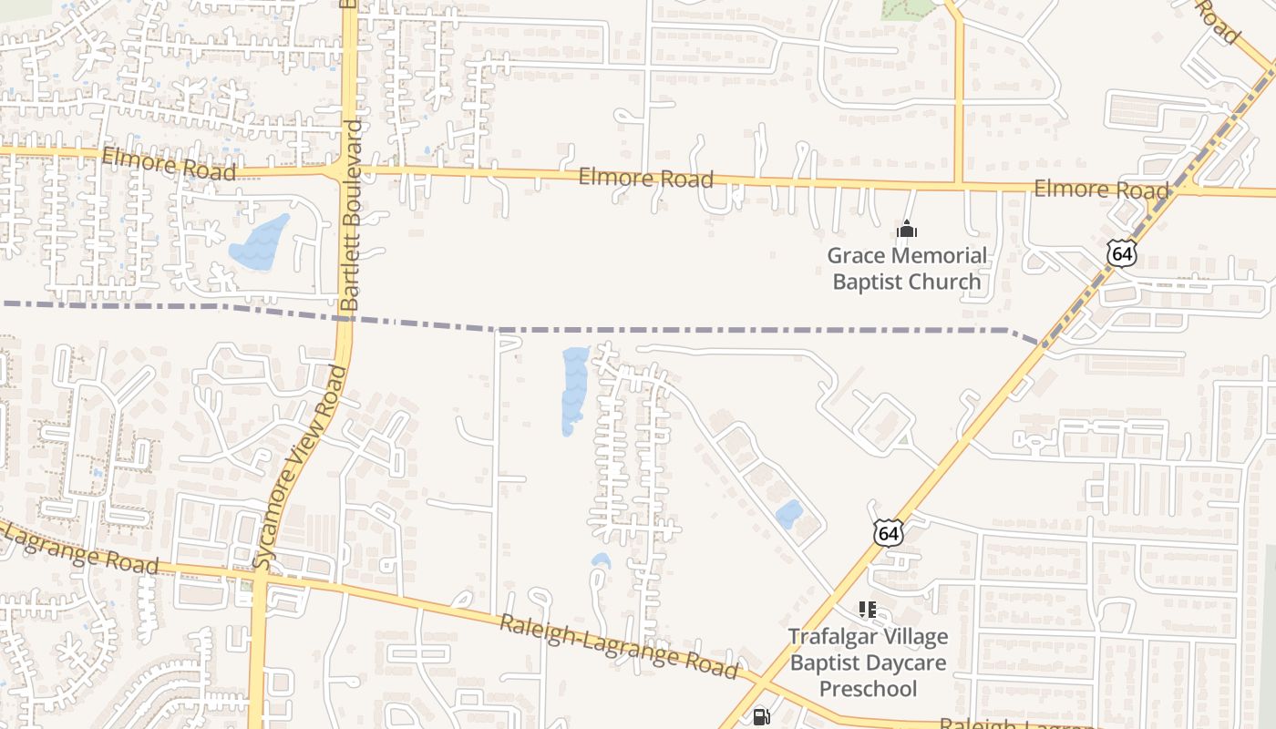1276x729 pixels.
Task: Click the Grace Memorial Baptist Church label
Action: pos(907,268)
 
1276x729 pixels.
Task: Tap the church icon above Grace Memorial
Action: pos(907,228)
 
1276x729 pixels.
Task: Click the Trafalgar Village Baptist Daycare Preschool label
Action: pos(868,662)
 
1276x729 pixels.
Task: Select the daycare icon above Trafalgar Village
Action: pos(867,610)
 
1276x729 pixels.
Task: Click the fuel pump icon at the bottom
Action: pos(761,717)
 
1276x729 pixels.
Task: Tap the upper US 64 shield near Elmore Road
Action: pos(1122,252)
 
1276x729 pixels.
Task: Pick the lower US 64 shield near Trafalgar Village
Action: pos(889,532)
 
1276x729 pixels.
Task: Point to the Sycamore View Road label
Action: pos(300,467)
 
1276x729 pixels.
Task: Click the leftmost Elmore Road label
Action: pos(170,164)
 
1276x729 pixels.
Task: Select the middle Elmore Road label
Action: pos(646,178)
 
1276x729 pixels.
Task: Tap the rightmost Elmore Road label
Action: pos(1101,190)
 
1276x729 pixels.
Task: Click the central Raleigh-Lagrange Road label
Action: pos(618,646)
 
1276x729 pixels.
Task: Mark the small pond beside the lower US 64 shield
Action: pos(789,514)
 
